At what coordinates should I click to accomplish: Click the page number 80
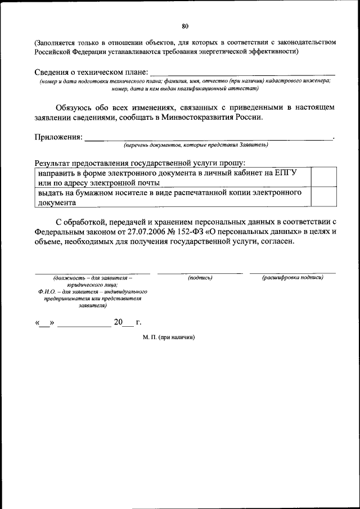(x=186, y=26)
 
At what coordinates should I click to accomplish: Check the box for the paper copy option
(x=323, y=197)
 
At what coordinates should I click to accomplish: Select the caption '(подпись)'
(x=200, y=278)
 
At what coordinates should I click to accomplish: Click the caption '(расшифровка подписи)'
(x=292, y=278)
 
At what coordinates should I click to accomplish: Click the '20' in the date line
(x=118, y=323)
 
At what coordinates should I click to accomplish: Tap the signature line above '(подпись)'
(x=200, y=273)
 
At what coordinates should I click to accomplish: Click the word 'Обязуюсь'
(x=75, y=107)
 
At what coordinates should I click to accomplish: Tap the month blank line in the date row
(x=84, y=325)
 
